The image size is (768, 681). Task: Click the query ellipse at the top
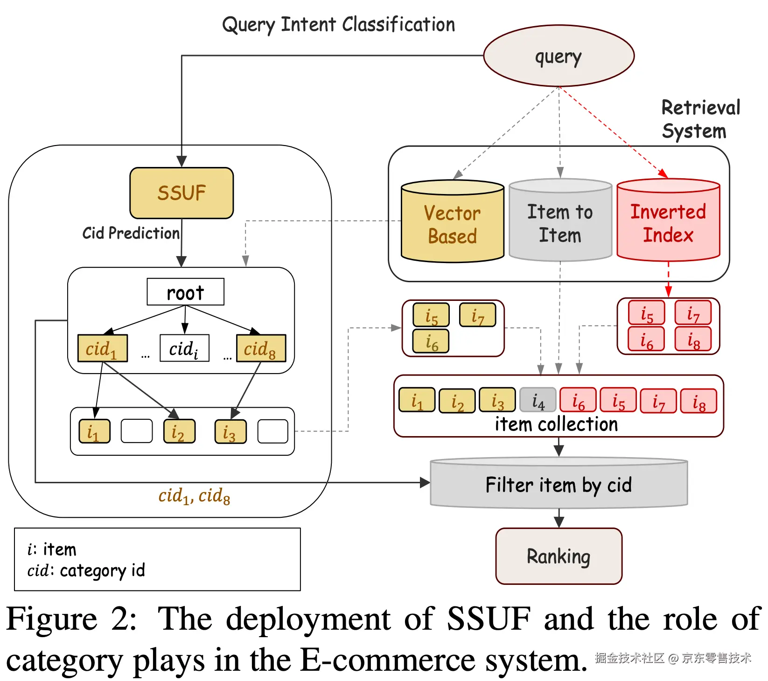[559, 56]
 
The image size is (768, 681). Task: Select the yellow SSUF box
[182, 193]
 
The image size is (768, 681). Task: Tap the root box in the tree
[185, 292]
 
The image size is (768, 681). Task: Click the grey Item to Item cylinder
[560, 222]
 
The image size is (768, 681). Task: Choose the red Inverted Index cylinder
[668, 222]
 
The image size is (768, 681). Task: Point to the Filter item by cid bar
[559, 485]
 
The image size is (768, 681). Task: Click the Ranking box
[559, 556]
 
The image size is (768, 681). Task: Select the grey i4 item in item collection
[538, 401]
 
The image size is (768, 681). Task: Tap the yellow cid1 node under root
[102, 348]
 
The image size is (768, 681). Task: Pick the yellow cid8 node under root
[261, 348]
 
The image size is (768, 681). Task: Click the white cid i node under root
[184, 348]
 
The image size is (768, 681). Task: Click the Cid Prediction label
[131, 233]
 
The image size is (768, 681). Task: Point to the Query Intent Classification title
[338, 24]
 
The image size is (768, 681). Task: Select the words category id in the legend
[102, 570]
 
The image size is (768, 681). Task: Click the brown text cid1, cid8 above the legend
[194, 496]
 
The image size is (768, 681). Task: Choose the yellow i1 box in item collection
[417, 401]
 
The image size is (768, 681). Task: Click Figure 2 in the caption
[70, 619]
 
